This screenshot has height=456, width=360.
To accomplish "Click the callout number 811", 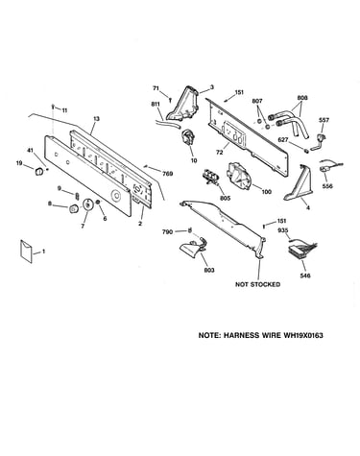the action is (155, 104).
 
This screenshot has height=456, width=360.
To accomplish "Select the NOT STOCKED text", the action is (257, 284).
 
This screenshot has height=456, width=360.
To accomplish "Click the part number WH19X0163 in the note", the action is (302, 335).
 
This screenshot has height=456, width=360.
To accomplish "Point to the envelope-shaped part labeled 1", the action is (27, 252).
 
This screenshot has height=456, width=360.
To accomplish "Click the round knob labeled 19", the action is (38, 171).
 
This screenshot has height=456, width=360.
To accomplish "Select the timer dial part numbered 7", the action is (87, 204).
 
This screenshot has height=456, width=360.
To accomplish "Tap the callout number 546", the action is (305, 276).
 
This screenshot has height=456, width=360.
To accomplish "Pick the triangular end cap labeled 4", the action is (298, 183).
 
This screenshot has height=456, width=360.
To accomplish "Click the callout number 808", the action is (301, 98).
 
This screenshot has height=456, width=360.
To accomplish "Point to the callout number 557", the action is (324, 120).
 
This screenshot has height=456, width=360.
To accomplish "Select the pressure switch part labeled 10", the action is (188, 137).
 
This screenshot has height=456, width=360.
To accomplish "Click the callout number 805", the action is (225, 199).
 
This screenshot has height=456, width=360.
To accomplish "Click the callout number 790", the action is (169, 231).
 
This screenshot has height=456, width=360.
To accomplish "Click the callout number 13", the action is (96, 119).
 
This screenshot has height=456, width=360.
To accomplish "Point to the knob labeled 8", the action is (74, 209).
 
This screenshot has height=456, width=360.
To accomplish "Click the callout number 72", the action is (219, 153).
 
